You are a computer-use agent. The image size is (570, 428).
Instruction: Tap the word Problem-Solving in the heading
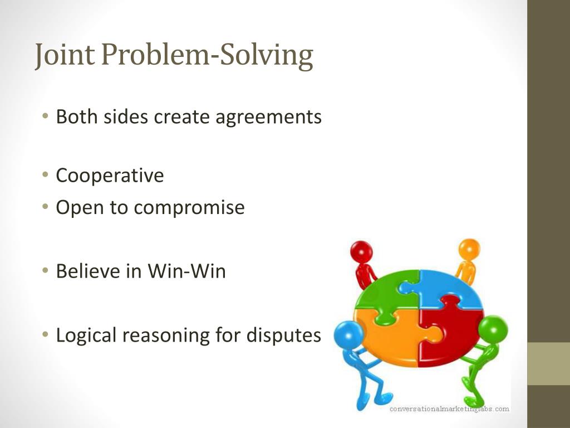tap(207, 56)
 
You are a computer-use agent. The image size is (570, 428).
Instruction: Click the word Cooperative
tap(110, 176)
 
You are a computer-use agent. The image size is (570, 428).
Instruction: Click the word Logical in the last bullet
tap(87, 335)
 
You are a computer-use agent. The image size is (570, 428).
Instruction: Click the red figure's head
tap(362, 251)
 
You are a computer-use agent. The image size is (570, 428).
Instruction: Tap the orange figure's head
tap(469, 248)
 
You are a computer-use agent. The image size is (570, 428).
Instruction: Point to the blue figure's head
tap(349, 336)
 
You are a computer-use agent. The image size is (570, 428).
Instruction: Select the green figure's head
tap(493, 329)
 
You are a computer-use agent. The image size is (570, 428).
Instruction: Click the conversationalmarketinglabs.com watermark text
tap(449, 409)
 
